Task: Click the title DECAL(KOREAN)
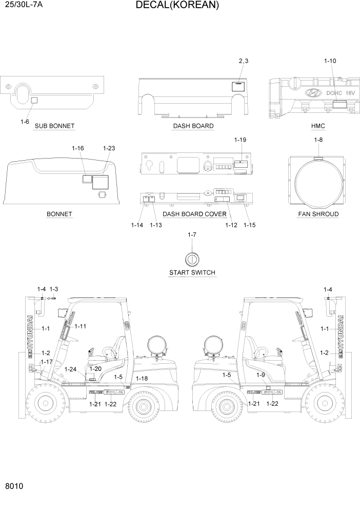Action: coord(177,6)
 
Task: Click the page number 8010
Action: coord(14,486)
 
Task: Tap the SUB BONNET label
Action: coord(54,126)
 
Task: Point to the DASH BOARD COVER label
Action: coord(194,214)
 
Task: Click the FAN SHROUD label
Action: coord(318,214)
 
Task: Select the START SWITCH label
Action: coord(192,272)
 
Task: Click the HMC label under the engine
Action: coord(318,126)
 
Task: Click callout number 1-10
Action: coord(330,61)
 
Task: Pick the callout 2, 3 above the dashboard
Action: coord(244,61)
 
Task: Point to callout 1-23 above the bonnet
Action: coord(109,148)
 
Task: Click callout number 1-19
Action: coord(241,140)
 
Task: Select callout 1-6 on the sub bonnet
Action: coord(25,122)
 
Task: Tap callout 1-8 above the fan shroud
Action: coord(318,140)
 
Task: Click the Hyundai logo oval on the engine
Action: coord(311,93)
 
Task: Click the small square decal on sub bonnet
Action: coord(34,100)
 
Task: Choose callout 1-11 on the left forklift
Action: coord(81,326)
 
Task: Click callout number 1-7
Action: coord(192,234)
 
